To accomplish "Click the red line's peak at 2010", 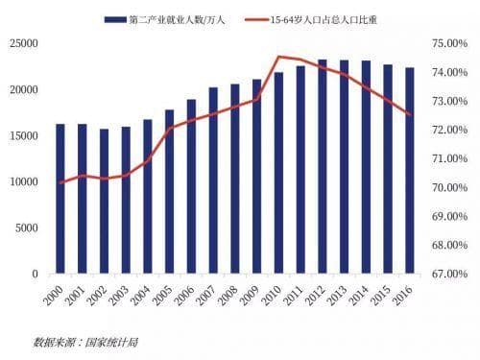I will click(278, 57).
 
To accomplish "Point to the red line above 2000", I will click(60, 182).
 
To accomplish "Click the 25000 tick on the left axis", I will click(23, 43).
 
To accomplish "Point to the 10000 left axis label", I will click(23, 181).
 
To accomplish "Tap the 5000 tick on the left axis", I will click(26, 228).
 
